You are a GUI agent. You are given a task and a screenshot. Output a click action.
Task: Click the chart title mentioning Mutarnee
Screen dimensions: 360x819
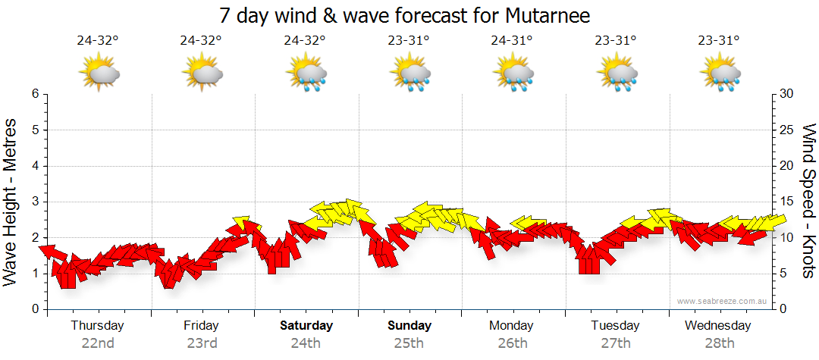[x=404, y=15]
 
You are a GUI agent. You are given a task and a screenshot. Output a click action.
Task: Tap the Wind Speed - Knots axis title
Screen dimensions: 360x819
[x=807, y=201]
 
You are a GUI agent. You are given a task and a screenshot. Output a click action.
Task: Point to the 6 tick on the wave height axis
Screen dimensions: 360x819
[x=34, y=94]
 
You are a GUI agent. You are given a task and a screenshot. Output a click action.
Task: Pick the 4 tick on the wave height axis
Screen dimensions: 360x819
[x=34, y=166]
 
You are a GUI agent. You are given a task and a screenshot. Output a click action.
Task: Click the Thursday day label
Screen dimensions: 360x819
[x=98, y=326]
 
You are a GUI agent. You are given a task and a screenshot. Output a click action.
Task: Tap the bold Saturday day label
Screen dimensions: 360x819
[x=306, y=326]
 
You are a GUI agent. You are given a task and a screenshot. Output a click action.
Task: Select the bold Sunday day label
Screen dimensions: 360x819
[x=409, y=326]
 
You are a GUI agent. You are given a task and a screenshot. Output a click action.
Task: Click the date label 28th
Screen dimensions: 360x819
[x=718, y=343]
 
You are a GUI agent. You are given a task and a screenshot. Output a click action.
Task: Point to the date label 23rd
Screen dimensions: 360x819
[x=202, y=343]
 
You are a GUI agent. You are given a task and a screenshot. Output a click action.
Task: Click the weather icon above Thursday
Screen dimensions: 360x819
[x=99, y=74]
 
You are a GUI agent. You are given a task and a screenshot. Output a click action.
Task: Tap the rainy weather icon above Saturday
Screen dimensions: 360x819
[x=306, y=74]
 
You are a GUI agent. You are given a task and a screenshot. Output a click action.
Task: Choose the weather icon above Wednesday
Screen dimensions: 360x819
[x=719, y=74]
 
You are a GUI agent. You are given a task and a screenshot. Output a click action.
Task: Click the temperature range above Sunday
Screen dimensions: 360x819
[x=409, y=41]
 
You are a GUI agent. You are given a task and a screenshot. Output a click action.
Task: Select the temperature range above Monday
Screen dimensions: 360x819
[x=513, y=41]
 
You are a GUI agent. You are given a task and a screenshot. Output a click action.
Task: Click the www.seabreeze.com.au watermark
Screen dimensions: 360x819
[x=723, y=301]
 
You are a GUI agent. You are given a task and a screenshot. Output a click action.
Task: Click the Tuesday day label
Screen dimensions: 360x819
[x=615, y=326]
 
